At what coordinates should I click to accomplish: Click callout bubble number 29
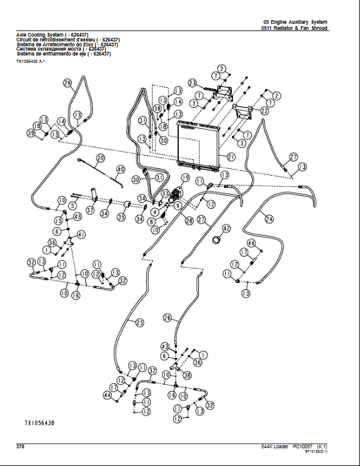coord(67,83)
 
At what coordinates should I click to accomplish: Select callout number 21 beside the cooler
coord(231,157)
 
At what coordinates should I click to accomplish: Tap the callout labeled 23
coord(192,82)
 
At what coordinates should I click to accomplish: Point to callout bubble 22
coord(265,111)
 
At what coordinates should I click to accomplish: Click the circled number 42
coord(226,229)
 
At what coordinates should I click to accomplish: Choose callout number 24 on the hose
coord(269,218)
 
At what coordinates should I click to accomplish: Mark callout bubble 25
coord(139,322)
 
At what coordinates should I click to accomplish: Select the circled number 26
coord(168,318)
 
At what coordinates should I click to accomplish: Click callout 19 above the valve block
coord(185,177)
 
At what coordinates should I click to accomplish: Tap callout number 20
coord(100,157)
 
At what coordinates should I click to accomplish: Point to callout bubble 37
coord(90,210)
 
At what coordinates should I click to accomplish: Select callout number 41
coord(82,235)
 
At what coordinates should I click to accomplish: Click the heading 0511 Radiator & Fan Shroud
coord(294,29)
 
